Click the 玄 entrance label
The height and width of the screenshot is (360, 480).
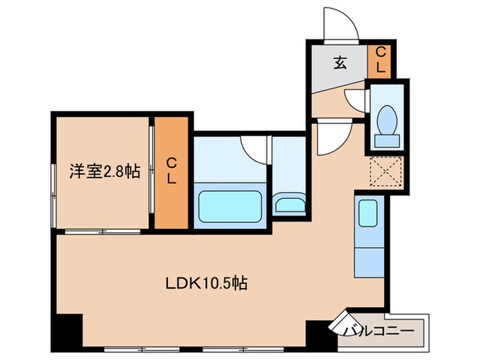click(339, 64)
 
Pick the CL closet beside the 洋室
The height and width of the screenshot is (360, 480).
click(171, 171)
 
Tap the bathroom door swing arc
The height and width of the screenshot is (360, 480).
click(254, 149)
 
